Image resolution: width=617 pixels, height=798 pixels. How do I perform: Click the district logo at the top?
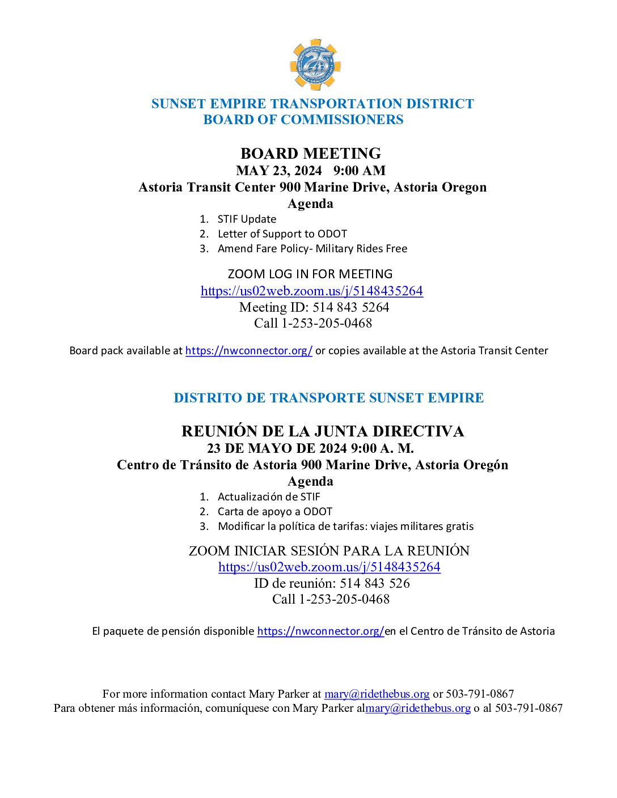click(315, 65)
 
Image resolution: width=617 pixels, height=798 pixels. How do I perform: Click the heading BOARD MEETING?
click(310, 154)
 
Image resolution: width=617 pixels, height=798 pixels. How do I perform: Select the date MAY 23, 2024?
click(278, 171)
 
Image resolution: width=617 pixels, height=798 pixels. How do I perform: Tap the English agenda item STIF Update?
click(247, 219)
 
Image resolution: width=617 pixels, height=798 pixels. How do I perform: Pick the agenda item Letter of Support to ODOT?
click(282, 234)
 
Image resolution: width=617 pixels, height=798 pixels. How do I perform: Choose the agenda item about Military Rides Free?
click(312, 249)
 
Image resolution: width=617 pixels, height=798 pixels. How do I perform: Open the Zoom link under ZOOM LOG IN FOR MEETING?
click(311, 291)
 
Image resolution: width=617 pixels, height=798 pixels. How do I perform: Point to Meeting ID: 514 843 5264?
click(314, 307)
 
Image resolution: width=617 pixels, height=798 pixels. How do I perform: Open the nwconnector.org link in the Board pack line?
click(248, 351)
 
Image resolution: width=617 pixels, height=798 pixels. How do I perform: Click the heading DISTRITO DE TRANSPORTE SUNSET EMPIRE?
click(328, 398)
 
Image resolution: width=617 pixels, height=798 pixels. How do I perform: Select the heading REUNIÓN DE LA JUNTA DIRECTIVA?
click(322, 431)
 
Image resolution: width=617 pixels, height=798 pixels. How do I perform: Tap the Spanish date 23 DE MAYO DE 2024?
click(277, 448)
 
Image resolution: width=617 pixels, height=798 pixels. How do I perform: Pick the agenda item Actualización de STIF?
click(269, 497)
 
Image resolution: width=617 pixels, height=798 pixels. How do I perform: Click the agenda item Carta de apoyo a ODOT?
click(274, 512)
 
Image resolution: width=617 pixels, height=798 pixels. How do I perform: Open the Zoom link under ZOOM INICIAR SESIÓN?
click(329, 567)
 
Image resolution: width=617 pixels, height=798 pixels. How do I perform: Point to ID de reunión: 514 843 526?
click(331, 583)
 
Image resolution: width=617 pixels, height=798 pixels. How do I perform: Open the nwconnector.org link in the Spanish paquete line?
click(320, 631)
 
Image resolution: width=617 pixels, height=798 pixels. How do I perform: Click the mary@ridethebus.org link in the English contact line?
click(377, 694)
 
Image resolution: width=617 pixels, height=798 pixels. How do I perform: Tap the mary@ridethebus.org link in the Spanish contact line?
click(417, 708)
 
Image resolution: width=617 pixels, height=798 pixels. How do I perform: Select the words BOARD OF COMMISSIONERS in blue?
click(303, 120)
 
